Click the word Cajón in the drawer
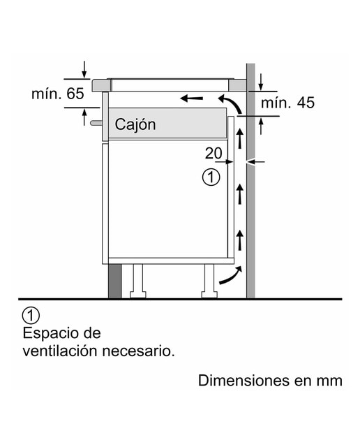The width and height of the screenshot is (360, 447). [135, 125]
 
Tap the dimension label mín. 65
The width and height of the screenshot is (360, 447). [58, 94]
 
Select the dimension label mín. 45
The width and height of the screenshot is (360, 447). [287, 103]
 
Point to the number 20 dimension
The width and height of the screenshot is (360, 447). [213, 154]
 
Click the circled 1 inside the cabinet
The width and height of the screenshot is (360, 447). [211, 177]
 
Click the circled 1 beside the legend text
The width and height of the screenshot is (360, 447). [31, 316]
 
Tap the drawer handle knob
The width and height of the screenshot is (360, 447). [96, 123]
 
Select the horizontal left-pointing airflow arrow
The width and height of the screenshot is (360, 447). [192, 98]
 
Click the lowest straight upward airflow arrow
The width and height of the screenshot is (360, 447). [240, 240]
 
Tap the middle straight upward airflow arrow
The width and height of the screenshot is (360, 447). [240, 194]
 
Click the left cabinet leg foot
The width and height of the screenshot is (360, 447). [138, 295]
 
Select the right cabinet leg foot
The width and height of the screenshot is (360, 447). [209, 295]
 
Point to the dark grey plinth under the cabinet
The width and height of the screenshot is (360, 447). [115, 281]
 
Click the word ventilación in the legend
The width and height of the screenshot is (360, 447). [61, 351]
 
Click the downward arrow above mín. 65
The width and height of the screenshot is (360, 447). [84, 69]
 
